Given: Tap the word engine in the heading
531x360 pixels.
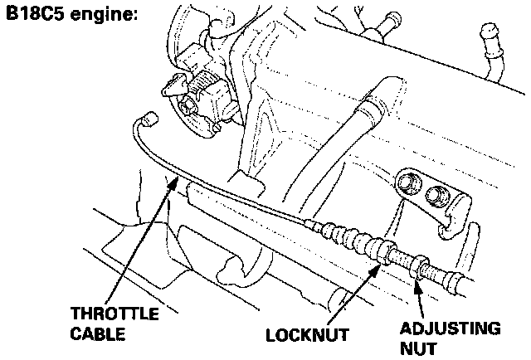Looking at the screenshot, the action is click(103, 17).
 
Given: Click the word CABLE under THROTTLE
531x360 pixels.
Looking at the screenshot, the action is click(98, 335).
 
